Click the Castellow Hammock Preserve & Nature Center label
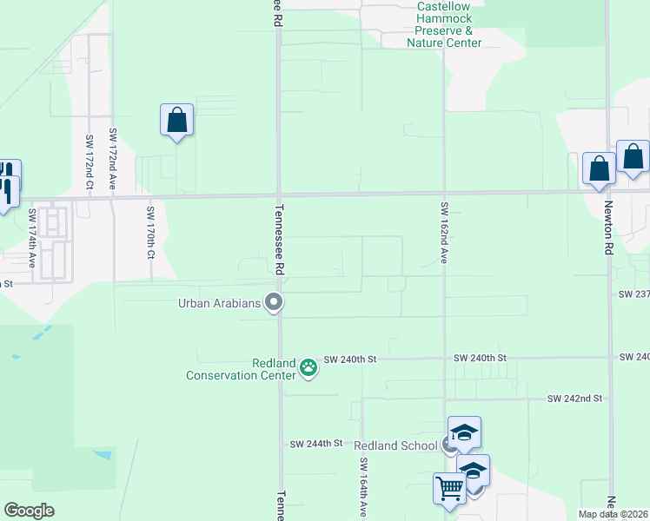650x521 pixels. [444, 24]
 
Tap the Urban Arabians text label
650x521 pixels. [220, 303]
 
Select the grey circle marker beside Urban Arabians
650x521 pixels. [275, 303]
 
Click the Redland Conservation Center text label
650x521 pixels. [242, 369]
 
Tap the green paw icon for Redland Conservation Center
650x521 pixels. [308, 368]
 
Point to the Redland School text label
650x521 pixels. [395, 445]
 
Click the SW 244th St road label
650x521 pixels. [316, 444]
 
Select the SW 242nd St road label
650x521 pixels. [574, 399]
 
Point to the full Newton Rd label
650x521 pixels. [607, 227]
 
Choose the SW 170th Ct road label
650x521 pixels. [150, 234]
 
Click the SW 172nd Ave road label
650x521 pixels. [112, 159]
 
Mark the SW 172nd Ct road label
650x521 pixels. [89, 163]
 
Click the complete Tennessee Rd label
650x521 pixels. [279, 240]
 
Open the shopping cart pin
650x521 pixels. [449, 488]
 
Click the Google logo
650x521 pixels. [29, 511]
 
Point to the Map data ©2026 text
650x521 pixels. [613, 514]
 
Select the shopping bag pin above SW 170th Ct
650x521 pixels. [176, 121]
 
